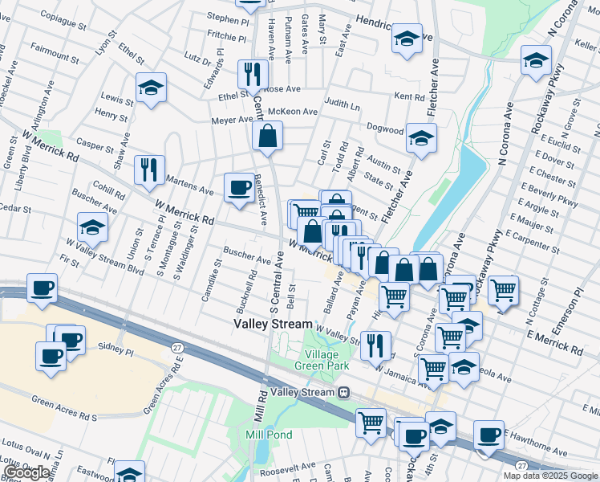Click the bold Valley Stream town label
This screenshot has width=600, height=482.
pyautogui.click(x=273, y=324)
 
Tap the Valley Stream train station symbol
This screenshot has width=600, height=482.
pyautogui.click(x=343, y=392)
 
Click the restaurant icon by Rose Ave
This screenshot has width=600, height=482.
pyautogui.click(x=253, y=74)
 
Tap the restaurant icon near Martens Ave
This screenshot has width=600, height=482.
pyautogui.click(x=149, y=169)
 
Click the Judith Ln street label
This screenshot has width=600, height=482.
pyautogui.click(x=343, y=104)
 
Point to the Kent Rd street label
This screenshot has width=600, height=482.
pyautogui.click(x=409, y=96)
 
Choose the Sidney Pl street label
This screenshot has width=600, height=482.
pyautogui.click(x=115, y=351)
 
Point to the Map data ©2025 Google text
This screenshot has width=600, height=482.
pyautogui.click(x=550, y=476)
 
